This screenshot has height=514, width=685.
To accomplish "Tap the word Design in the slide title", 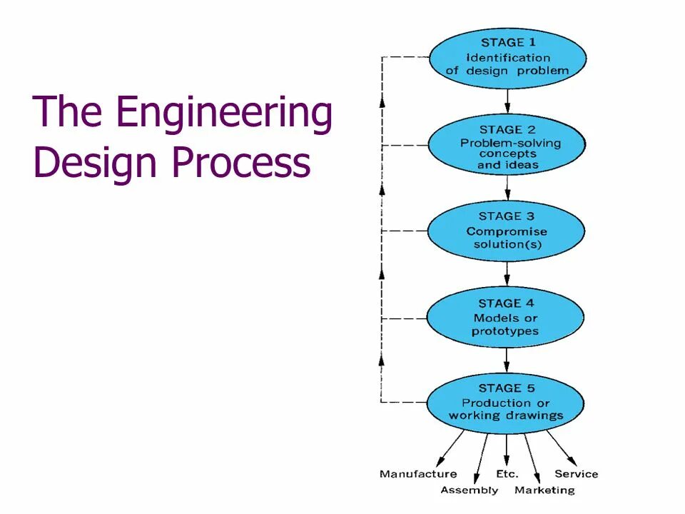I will click(96, 163).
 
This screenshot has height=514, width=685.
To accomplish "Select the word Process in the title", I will click(241, 163).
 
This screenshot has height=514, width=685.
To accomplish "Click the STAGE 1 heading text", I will click(507, 43).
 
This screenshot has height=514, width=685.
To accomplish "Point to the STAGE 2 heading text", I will click(507, 130).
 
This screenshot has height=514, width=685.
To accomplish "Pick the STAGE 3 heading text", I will click(507, 216).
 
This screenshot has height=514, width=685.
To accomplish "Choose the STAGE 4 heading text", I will click(506, 303).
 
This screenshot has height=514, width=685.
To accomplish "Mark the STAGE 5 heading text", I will click(506, 388).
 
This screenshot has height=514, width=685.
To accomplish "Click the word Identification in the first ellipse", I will click(508, 57).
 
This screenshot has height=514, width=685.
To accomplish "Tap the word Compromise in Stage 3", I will click(507, 231).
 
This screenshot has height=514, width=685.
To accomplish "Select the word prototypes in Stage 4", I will click(505, 331).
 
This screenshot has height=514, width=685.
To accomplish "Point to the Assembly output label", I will click(469, 490).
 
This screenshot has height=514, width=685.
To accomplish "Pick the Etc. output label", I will click(507, 474).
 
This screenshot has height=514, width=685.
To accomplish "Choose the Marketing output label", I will click(544, 490).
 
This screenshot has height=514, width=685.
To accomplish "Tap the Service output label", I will click(576, 474).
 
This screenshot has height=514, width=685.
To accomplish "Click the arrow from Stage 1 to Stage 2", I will click(507, 99).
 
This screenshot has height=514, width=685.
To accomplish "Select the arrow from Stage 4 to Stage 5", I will click(507, 359).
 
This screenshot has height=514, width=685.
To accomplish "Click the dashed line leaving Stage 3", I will click(404, 231).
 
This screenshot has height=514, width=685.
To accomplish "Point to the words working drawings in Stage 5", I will click(506, 415).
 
